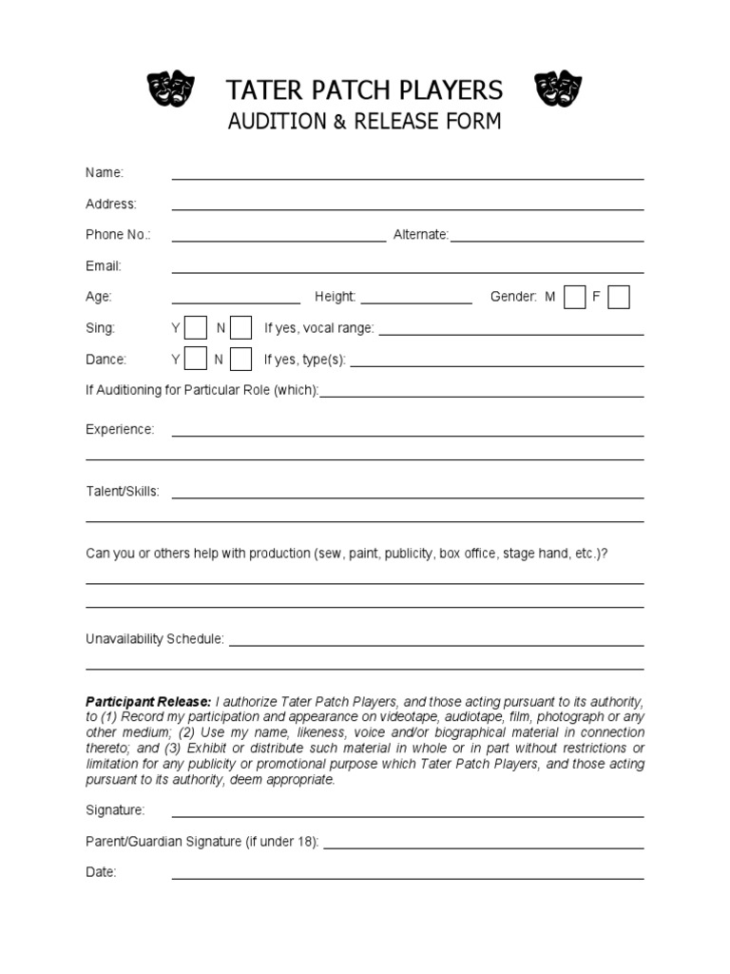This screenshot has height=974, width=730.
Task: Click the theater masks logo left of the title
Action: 170,89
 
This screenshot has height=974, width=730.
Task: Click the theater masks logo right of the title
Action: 558,89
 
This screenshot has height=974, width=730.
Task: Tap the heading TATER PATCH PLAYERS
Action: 364,90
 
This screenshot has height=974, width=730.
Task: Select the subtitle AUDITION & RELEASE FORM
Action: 364,122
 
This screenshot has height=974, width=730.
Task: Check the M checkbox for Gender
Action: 574,297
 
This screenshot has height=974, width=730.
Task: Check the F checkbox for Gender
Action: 619,297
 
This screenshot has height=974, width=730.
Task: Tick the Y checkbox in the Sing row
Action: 195,328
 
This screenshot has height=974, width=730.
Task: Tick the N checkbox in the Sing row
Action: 241,328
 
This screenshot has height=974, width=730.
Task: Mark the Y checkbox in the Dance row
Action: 195,360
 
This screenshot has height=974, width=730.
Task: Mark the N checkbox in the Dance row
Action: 241,360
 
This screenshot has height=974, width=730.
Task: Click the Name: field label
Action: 105,172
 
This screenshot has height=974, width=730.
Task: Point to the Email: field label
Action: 104,266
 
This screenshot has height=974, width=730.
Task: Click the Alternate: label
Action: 421,235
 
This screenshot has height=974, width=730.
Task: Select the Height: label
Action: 336,297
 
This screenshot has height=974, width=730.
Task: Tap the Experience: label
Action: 120,429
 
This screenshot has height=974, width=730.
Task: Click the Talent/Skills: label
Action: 123,492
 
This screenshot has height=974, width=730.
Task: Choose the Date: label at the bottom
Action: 101,872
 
